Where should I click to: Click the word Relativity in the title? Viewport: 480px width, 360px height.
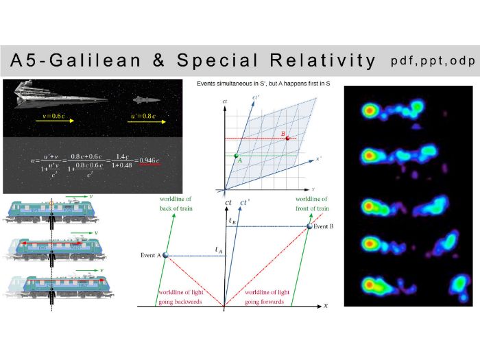[x=322, y=60]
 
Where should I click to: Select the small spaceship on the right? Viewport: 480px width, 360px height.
[x=150, y=99]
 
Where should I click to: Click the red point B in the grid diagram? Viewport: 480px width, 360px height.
[x=280, y=138]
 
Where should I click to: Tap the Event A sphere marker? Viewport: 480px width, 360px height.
[x=165, y=254]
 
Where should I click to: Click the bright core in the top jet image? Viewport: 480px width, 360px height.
[x=370, y=110]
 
